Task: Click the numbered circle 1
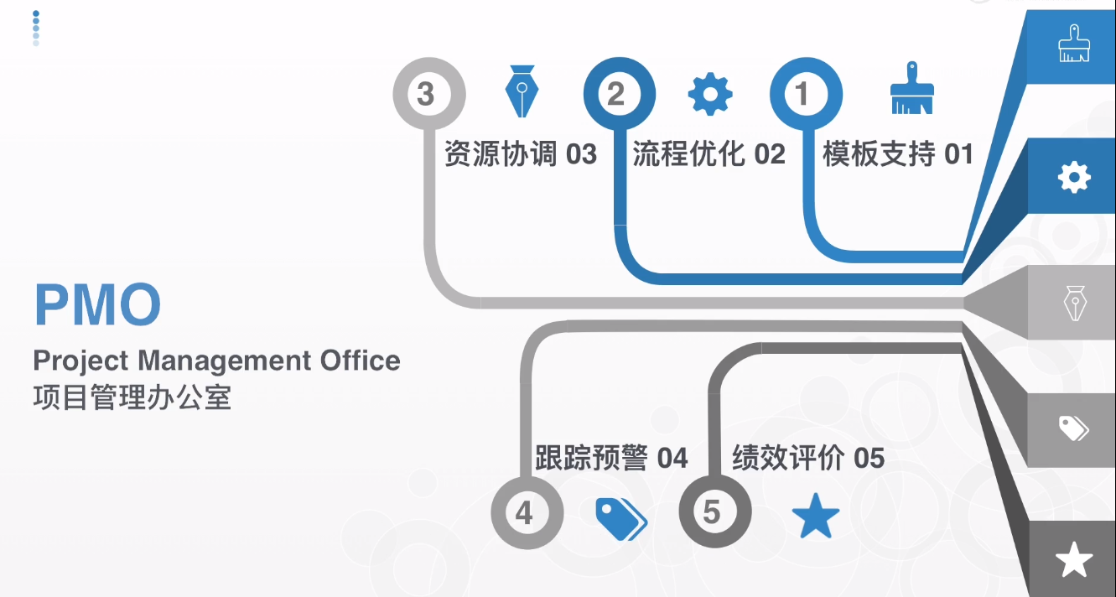[804, 93]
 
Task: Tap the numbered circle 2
[617, 93]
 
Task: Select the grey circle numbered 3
[427, 93]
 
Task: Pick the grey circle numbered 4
[525, 512]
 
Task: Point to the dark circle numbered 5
[713, 511]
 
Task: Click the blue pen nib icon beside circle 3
[522, 91]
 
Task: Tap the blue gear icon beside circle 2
[710, 93]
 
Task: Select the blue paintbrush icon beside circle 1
[911, 88]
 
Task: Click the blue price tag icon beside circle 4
[620, 518]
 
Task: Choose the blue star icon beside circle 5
[816, 517]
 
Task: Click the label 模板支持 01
[898, 154]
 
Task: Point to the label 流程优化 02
[709, 154]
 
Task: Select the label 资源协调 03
[520, 154]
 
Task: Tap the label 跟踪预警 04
[611, 458]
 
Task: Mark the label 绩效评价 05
[808, 458]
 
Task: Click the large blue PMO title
[97, 304]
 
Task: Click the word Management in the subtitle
[224, 361]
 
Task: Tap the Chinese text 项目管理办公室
[132, 397]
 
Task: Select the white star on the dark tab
[1074, 559]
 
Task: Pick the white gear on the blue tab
[1074, 176]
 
